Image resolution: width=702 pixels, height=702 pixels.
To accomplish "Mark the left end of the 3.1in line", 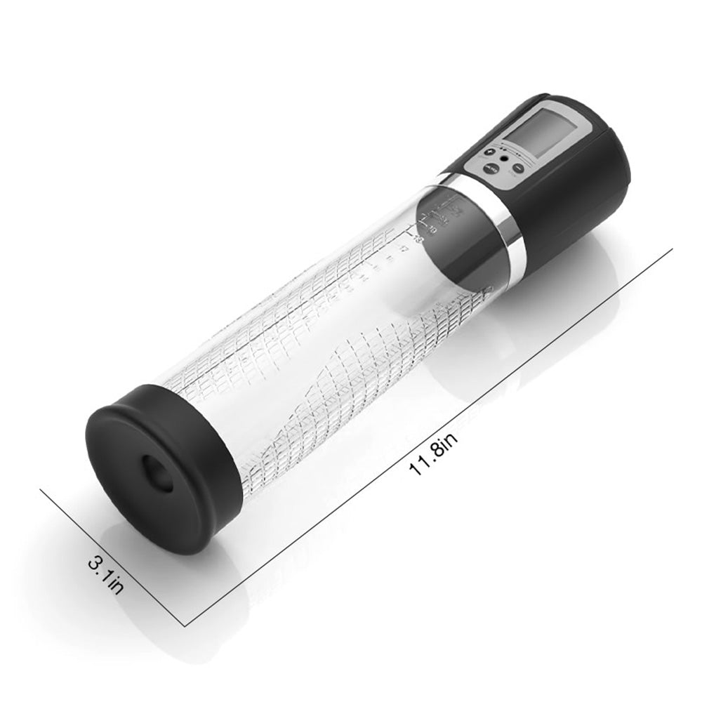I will [x=40, y=490].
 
